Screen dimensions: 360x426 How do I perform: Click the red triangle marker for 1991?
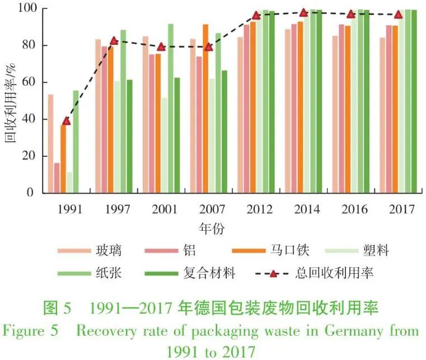coord(67,121)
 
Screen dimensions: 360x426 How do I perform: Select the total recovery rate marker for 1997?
coord(114,40)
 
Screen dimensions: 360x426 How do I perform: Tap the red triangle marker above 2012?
coord(256,15)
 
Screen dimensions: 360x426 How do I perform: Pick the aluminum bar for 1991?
coord(57,177)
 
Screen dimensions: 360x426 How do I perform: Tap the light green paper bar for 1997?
coord(123,111)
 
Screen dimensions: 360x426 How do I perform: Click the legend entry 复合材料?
coord(210,273)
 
